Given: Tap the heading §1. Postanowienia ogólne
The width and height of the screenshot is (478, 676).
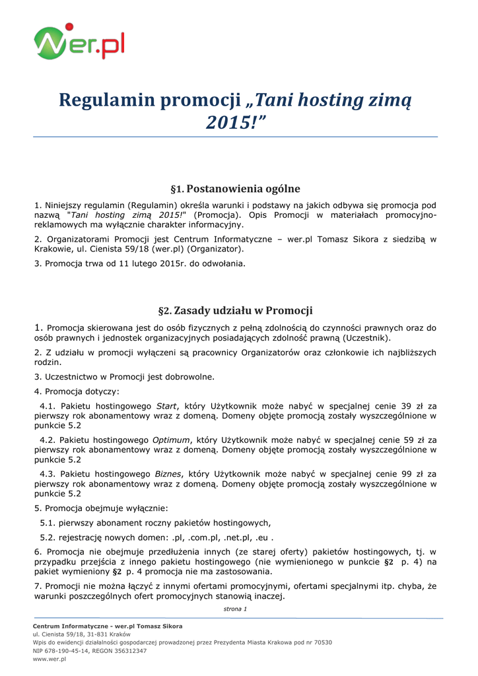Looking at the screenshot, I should (235, 189).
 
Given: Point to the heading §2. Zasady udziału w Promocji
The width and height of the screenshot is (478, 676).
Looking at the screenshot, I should (235, 310).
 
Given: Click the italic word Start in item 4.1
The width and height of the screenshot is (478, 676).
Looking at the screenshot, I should (166, 406).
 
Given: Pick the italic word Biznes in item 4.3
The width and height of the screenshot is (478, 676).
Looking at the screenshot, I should (167, 473).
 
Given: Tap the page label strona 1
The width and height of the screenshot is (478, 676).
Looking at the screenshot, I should (235, 609).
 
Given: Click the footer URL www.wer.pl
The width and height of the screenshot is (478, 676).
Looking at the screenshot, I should (50, 659).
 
